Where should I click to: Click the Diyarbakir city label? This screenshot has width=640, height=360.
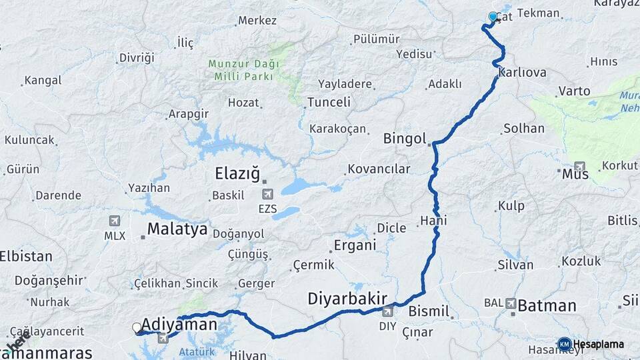[347, 298]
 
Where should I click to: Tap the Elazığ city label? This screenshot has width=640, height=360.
[237, 174]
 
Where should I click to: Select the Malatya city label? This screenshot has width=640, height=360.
[177, 229]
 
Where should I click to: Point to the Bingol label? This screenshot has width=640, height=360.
[405, 139]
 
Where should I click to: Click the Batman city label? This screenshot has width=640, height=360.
[547, 306]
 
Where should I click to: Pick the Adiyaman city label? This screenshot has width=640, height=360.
[181, 325]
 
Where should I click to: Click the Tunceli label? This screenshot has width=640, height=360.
[328, 102]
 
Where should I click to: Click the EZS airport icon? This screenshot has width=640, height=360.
[268, 195]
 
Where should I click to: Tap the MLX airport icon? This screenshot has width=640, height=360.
[115, 221]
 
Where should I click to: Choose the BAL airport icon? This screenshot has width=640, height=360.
[511, 303]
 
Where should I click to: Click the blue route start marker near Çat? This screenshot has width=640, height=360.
[493, 16]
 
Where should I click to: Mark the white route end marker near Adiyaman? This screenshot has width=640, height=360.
[137, 327]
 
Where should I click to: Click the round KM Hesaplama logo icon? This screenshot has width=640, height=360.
[564, 344]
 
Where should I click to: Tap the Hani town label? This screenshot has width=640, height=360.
[433, 221]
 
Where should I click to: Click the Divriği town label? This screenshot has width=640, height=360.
[137, 57]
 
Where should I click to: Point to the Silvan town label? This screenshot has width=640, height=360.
[515, 265]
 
